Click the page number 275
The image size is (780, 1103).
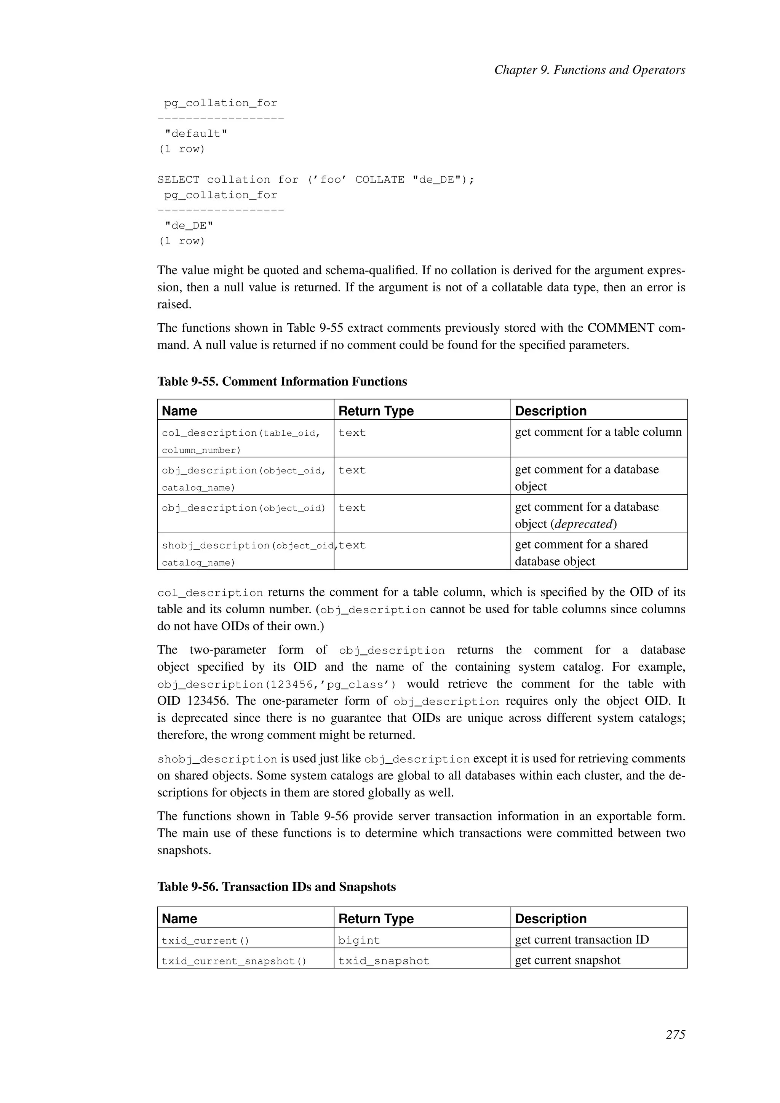click(x=675, y=1035)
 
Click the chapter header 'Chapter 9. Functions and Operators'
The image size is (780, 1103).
click(x=589, y=70)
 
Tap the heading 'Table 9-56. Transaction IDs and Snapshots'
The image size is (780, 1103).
click(x=276, y=887)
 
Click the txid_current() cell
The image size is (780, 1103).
click(x=206, y=941)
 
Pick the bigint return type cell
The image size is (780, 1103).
click(x=359, y=941)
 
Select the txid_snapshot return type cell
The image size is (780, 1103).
click(x=383, y=961)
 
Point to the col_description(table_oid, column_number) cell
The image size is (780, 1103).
click(x=241, y=441)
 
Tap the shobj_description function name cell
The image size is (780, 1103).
click(x=245, y=553)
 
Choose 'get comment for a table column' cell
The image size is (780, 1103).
click(x=598, y=432)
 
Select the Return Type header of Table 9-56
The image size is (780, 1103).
click(x=376, y=919)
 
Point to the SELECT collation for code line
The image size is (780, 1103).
click(x=316, y=180)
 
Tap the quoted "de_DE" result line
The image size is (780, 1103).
click(x=189, y=226)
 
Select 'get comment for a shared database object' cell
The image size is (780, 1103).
click(x=581, y=553)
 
